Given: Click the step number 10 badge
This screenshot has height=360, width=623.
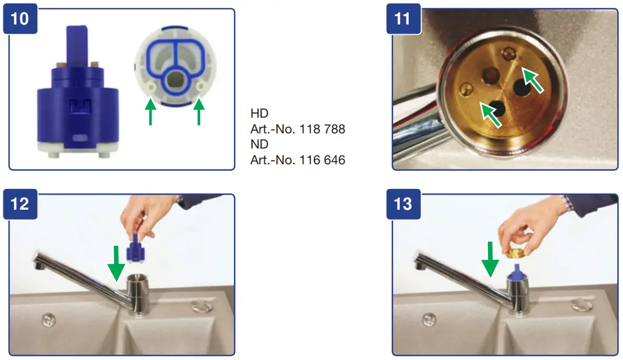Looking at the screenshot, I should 20,19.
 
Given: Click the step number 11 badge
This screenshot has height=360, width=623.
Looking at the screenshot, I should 402,19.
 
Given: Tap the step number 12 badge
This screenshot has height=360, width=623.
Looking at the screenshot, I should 20,204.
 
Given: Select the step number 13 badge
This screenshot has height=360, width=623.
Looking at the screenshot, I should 402,204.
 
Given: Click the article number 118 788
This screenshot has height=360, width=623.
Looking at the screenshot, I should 323,129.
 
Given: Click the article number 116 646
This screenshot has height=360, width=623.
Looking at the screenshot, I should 323,160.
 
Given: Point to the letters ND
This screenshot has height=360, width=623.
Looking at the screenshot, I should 259,144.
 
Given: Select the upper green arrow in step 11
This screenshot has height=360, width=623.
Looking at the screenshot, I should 532,80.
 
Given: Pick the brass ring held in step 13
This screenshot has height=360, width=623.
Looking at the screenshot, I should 516,251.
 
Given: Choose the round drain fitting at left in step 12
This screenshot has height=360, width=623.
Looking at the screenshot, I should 48,318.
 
